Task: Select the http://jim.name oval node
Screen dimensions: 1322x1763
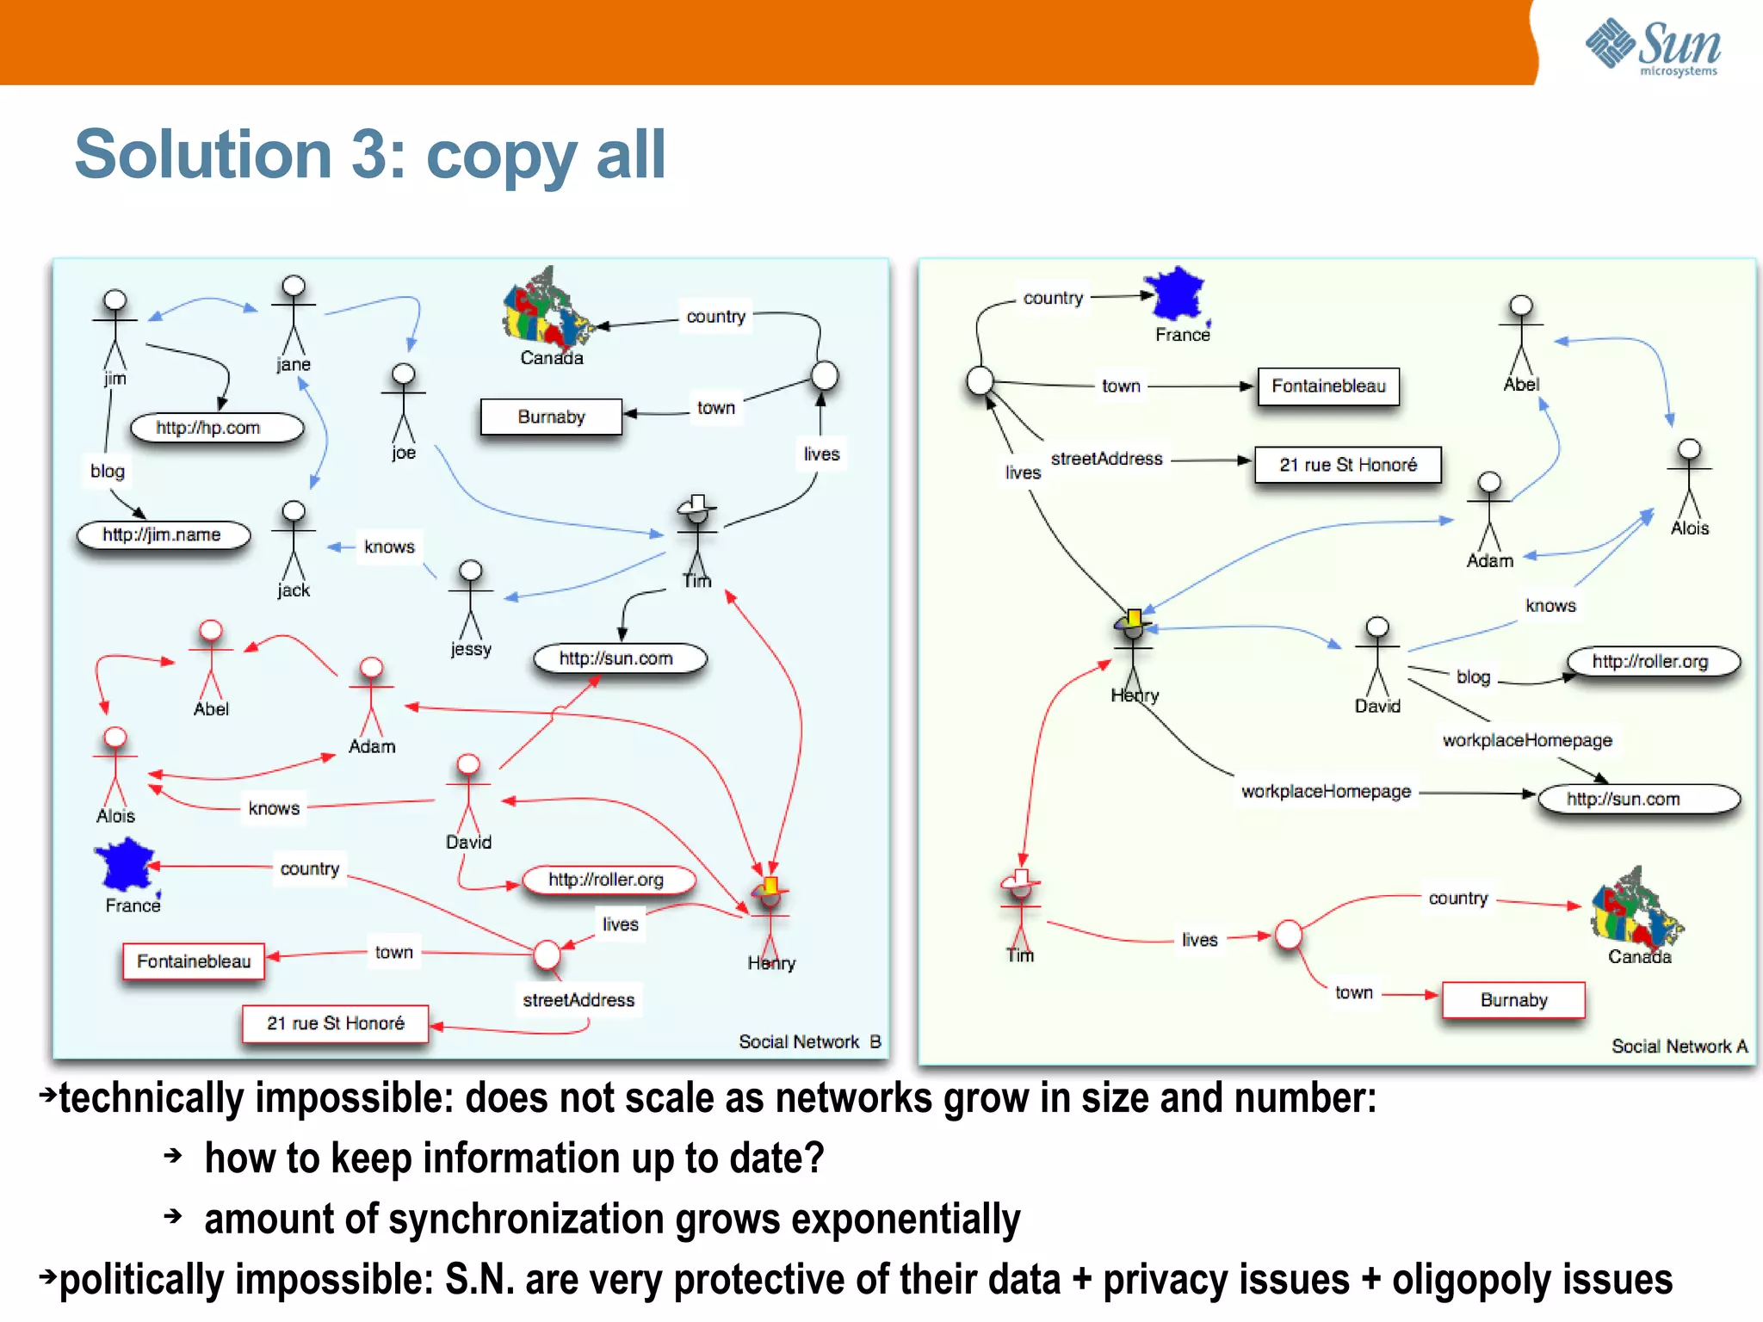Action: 163,534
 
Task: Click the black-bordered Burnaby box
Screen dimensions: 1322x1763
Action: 551,417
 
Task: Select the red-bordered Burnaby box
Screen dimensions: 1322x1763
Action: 1513,1000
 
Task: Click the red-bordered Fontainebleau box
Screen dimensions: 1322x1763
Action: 194,961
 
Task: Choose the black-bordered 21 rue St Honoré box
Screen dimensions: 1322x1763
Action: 1347,465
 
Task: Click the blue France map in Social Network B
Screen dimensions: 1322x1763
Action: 127,865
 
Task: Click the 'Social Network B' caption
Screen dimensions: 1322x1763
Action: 809,1041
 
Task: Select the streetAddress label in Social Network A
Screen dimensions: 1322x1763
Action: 1106,459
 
